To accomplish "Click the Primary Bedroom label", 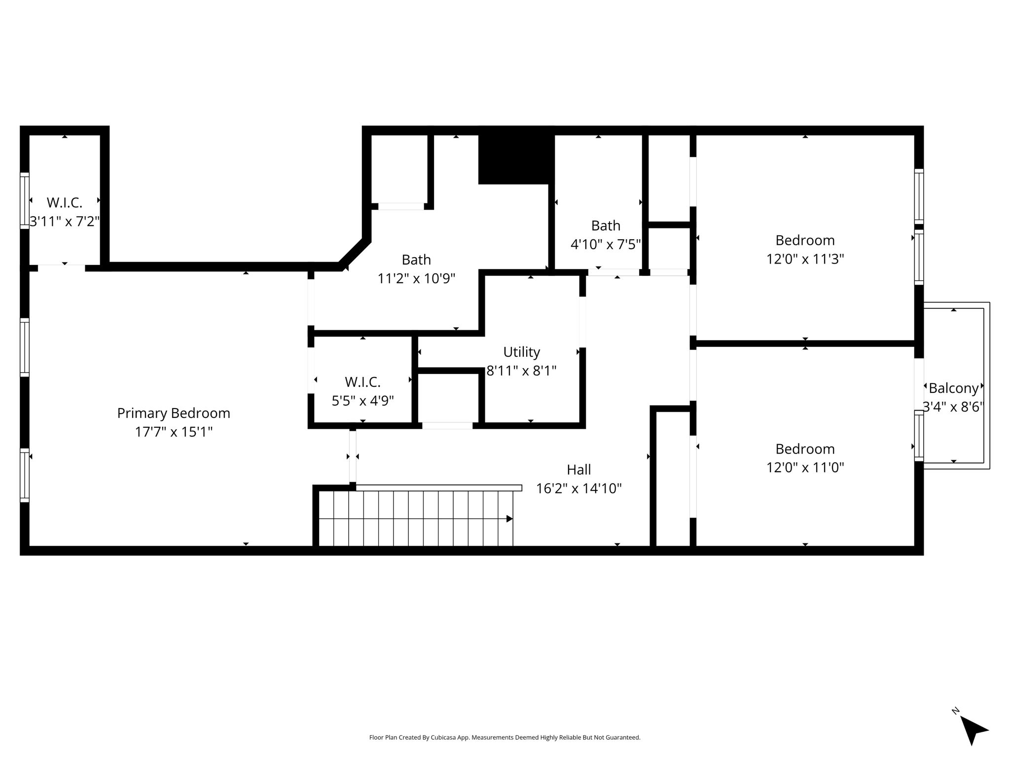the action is point(174,413).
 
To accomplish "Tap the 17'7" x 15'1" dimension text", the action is point(174,432).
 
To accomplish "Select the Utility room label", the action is point(521,352).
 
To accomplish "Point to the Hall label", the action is point(578,469).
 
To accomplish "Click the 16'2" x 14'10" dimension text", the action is point(578,488).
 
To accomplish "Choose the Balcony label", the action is point(953,388).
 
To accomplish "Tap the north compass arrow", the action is point(973,731).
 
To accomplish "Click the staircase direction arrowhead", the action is point(509,519).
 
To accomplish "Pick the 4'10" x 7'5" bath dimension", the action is point(606,244).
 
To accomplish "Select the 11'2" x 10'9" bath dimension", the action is point(416,278).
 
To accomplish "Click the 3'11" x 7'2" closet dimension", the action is point(65,221).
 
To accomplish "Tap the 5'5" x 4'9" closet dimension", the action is point(362,400).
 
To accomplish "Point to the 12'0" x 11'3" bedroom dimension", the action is point(805,259).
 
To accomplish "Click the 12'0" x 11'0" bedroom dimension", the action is point(805,467).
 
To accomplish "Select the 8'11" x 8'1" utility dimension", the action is point(521,371).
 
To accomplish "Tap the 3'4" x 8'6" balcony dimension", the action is point(953,407).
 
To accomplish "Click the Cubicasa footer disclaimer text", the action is point(505,738).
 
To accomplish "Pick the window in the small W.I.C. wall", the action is point(25,200).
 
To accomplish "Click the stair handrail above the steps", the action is point(438,488).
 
